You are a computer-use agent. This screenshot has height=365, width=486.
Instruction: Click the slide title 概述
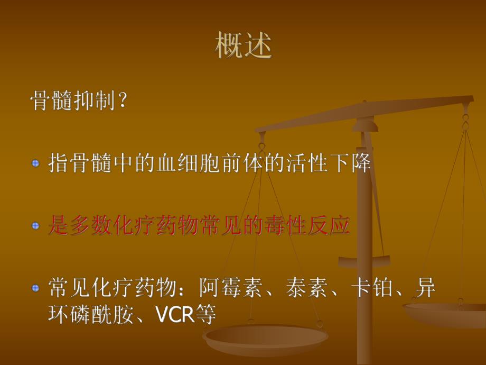[244, 46]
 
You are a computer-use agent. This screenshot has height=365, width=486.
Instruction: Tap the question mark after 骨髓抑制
[123, 101]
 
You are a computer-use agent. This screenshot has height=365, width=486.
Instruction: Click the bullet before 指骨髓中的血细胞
[35, 163]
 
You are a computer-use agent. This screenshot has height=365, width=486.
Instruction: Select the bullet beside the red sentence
[35, 226]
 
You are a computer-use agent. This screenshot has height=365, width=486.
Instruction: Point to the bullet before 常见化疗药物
[35, 288]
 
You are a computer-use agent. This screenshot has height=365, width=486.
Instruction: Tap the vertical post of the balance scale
[364, 238]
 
